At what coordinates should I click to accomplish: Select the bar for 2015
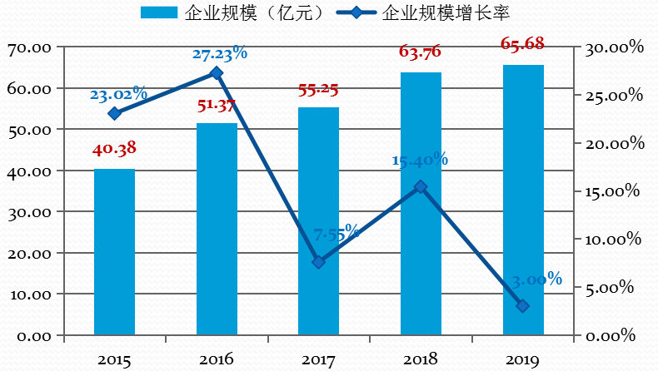(x=114, y=252)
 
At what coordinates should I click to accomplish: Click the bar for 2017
(x=318, y=221)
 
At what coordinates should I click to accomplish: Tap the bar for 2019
(x=522, y=200)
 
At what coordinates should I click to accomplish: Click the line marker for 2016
(x=217, y=73)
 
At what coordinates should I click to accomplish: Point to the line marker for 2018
(x=421, y=187)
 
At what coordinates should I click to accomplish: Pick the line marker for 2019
(x=522, y=306)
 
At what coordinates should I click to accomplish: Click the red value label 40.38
(x=114, y=149)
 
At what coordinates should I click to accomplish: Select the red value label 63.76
(x=420, y=52)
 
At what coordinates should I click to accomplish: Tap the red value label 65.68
(x=522, y=43)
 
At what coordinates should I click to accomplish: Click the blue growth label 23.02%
(x=118, y=93)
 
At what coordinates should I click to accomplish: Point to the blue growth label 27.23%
(x=220, y=54)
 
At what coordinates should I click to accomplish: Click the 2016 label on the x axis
(x=216, y=359)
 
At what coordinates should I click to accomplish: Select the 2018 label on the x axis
(x=420, y=359)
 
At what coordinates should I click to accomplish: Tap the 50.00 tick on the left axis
(x=30, y=130)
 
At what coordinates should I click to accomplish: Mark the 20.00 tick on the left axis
(x=30, y=253)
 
